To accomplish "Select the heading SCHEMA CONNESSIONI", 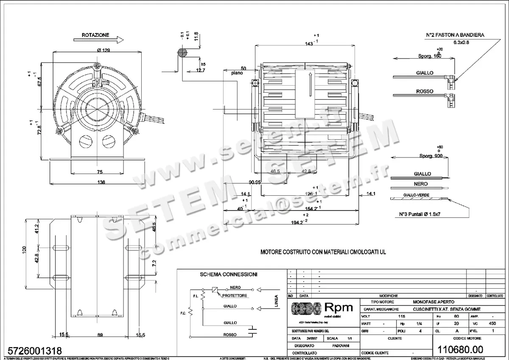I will coord(229,275).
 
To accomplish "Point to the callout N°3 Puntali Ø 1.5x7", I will coord(422,214).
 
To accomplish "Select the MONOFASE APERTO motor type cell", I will coord(433,301).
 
